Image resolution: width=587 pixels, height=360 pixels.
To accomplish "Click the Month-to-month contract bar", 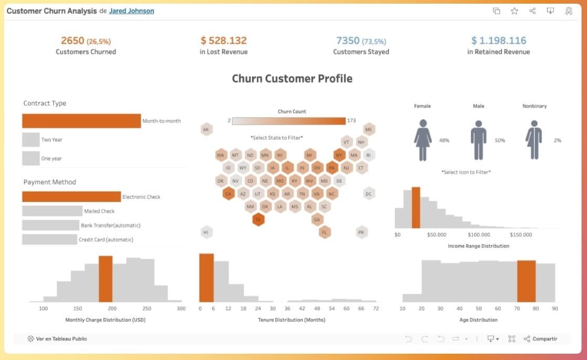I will (81, 121).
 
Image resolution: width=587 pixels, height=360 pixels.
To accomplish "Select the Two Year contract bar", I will (30, 140).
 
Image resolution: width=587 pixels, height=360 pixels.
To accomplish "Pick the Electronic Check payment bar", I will (71, 197).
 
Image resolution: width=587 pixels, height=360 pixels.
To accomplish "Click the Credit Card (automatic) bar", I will (49, 239).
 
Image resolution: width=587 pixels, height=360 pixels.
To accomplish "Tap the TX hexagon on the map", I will (258, 219).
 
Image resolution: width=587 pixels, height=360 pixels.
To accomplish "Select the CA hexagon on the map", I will (228, 194).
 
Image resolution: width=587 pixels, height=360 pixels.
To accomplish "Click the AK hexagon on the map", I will (206, 130).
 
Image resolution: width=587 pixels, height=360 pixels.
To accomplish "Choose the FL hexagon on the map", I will (324, 232).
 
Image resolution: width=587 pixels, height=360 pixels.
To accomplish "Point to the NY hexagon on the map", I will (339, 155).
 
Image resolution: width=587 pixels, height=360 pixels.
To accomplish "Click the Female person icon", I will (423, 140).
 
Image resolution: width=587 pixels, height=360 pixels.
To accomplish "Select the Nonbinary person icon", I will (533, 140).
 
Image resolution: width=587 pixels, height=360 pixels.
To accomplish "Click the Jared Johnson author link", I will (131, 10).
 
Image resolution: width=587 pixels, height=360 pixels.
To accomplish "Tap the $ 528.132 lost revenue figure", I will (223, 40).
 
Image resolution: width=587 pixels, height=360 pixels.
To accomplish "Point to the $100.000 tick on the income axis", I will (479, 235).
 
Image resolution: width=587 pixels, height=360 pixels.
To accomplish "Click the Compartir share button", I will (540, 339).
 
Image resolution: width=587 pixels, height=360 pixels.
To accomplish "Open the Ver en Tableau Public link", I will (57, 339).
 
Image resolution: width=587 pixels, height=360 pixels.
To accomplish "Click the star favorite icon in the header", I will (515, 11).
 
